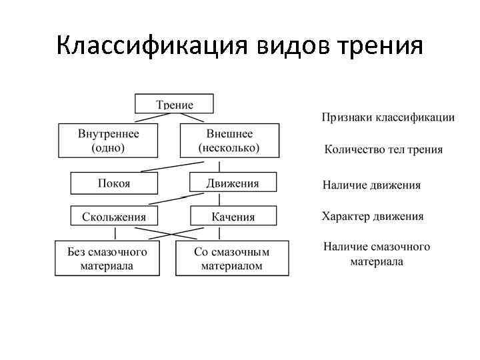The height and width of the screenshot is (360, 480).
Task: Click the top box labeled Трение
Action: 174,104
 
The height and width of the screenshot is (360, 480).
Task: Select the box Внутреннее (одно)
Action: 108,140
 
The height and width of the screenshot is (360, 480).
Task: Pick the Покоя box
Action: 114,183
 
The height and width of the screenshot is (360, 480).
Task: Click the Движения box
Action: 232,183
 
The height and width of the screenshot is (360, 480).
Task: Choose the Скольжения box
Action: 114,217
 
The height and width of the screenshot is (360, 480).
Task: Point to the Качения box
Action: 232,217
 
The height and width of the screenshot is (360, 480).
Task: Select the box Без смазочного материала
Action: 107,258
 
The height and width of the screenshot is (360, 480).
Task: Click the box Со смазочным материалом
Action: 232,258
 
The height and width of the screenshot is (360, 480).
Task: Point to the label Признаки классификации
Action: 389,117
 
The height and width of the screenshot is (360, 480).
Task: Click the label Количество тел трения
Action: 383,149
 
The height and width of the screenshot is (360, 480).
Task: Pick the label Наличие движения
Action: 371,185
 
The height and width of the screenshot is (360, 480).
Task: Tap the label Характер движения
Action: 373,217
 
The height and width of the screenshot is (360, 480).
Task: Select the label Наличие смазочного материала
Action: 377,254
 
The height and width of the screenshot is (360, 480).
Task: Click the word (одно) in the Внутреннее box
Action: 108,147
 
